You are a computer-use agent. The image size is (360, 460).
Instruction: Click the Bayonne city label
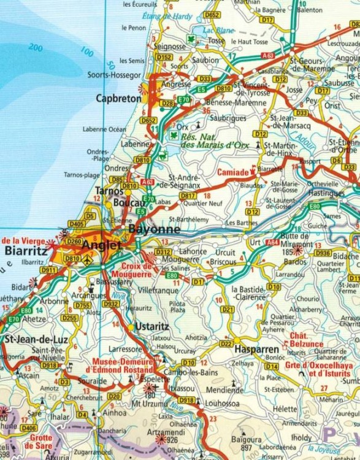click(155, 229)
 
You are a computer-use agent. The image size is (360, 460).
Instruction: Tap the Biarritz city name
click(24, 250)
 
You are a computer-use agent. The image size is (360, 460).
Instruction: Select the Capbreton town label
click(118, 98)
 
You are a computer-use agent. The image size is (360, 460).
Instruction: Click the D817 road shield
click(188, 196)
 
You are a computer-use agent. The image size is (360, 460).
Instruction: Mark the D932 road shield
click(111, 303)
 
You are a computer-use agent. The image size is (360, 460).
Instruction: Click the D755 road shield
click(82, 305)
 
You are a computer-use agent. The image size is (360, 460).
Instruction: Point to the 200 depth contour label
click(35, 48)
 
